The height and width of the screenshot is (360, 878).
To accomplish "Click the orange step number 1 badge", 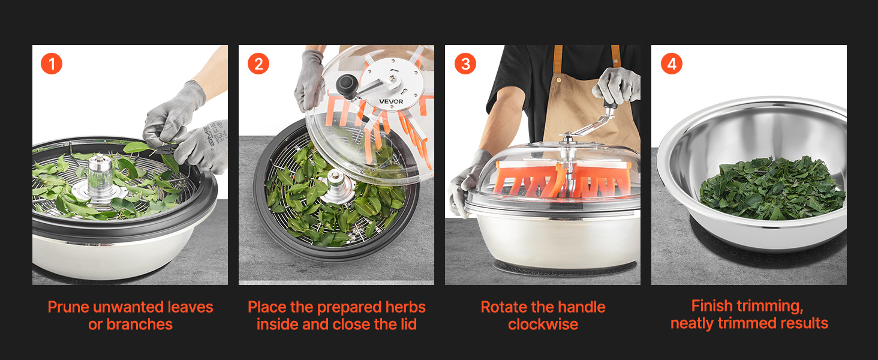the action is point(52,64).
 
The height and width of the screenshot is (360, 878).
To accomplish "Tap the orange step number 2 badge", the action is point(258,64).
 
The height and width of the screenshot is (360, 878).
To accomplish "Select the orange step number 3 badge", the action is point(465,64).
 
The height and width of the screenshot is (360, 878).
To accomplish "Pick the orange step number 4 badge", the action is point(672,64).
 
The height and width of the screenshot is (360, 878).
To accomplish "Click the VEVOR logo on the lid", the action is point(391,101).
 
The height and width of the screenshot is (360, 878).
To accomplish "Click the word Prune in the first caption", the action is point(68,307).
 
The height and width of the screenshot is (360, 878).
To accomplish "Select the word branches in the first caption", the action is point(140,325).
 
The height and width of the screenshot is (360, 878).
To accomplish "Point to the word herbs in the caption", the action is point(405,307).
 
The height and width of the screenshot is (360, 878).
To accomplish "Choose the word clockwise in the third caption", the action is point(543,325).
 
